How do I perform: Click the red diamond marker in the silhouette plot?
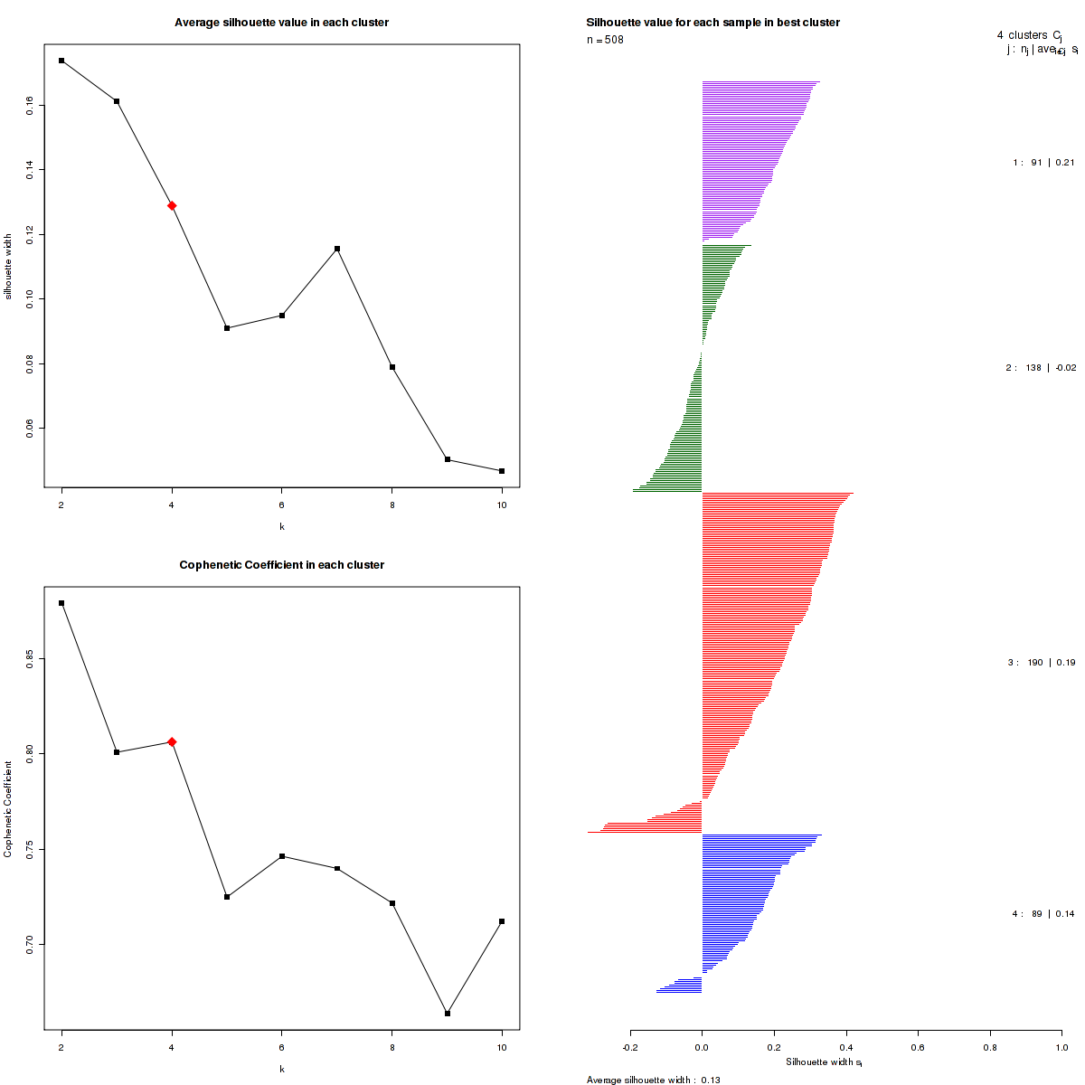[x=172, y=205]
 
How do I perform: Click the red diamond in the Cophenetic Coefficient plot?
[x=172, y=741]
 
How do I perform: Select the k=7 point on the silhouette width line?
[x=337, y=249]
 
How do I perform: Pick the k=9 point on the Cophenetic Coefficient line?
[x=448, y=1014]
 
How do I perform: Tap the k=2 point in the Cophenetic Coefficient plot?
[x=61, y=603]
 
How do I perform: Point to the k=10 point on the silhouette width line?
[x=502, y=471]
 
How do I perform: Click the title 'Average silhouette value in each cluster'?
[x=282, y=22]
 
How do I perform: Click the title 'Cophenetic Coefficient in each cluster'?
[x=282, y=565]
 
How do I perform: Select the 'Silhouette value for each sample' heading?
[x=712, y=22]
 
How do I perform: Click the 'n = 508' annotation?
[x=605, y=40]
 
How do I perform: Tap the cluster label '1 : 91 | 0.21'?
[x=1043, y=163]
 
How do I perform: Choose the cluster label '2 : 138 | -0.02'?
[x=1041, y=368]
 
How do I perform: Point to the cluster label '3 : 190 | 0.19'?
[x=1042, y=663]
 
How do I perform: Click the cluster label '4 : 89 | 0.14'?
[x=1043, y=914]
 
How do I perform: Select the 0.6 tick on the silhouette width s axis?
[x=918, y=1047]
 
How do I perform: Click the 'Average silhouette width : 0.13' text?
[x=653, y=1080]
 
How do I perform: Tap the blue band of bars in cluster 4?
[x=737, y=913]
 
